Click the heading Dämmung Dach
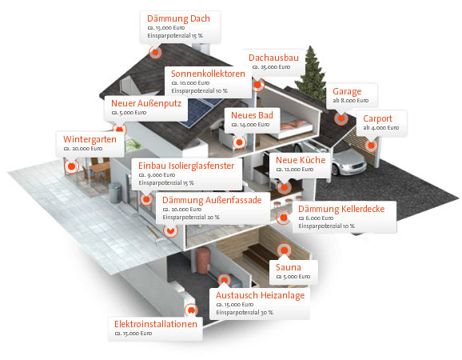[x=178, y=18]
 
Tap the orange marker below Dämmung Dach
[x=155, y=53]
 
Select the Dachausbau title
[x=273, y=58]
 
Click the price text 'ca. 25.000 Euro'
[x=271, y=67]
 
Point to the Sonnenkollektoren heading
[x=208, y=74]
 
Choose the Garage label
[x=347, y=92]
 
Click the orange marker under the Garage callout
[x=341, y=118]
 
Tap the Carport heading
[x=377, y=118]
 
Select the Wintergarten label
[x=90, y=139]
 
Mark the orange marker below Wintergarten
[x=71, y=166]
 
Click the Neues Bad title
[x=252, y=115]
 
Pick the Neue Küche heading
[x=301, y=160]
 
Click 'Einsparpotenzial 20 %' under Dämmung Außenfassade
[x=191, y=218]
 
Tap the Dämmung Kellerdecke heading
[x=341, y=209]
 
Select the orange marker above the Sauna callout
[x=284, y=250]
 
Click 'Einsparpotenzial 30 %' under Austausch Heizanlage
[x=245, y=313]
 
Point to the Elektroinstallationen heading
[x=156, y=324]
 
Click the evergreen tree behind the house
[x=311, y=74]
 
